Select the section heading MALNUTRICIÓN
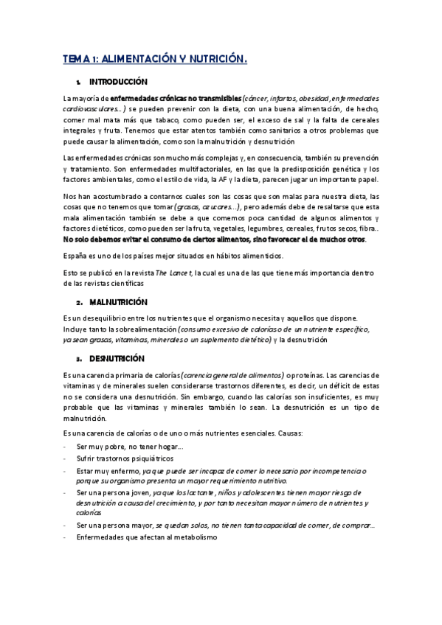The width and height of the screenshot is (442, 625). click(119, 302)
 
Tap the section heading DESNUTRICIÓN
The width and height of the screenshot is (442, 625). click(119, 357)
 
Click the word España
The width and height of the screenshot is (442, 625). click(77, 256)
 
